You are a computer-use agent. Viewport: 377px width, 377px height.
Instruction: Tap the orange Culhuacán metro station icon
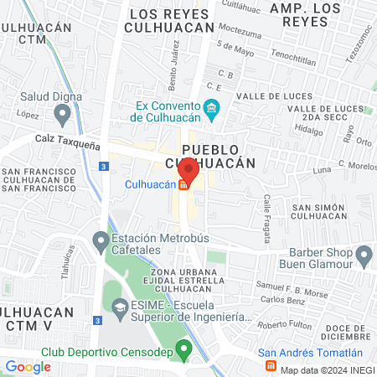(x=183, y=185)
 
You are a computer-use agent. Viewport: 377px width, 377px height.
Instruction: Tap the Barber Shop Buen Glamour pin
(x=364, y=253)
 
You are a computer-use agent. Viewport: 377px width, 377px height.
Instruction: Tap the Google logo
(x=28, y=366)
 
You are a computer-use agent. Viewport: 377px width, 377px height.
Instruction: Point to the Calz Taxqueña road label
(x=67, y=142)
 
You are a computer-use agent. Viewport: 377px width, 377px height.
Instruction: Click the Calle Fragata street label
(x=267, y=219)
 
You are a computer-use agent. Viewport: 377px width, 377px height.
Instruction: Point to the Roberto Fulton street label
(x=283, y=325)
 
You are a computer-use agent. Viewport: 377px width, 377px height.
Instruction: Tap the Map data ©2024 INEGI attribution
(x=325, y=369)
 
